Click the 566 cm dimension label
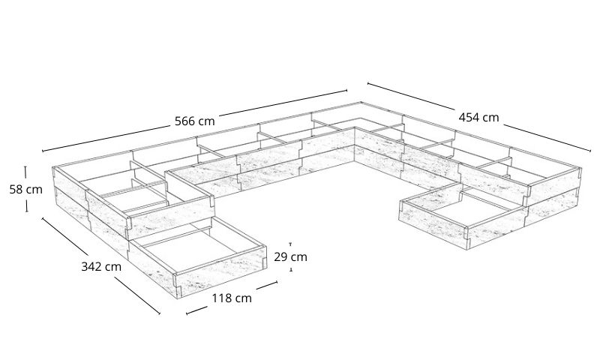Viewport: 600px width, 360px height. coord(194,120)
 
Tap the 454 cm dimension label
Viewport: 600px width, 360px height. coord(478,117)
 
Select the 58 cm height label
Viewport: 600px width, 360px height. coord(25,189)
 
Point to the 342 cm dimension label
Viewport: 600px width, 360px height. coord(100,266)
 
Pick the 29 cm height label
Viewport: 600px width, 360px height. coord(290,256)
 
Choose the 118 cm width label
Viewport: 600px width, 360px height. coord(231,298)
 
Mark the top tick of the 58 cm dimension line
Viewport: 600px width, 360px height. coord(25,167)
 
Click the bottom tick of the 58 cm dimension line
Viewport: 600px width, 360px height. coord(26,211)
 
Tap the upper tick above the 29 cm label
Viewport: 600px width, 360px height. coord(290,244)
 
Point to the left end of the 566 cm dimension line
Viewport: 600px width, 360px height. coord(43,151)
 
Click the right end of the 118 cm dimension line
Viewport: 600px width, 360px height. coord(277,282)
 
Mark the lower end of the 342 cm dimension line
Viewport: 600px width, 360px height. coord(160,313)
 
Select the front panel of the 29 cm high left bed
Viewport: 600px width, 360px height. coord(225,271)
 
